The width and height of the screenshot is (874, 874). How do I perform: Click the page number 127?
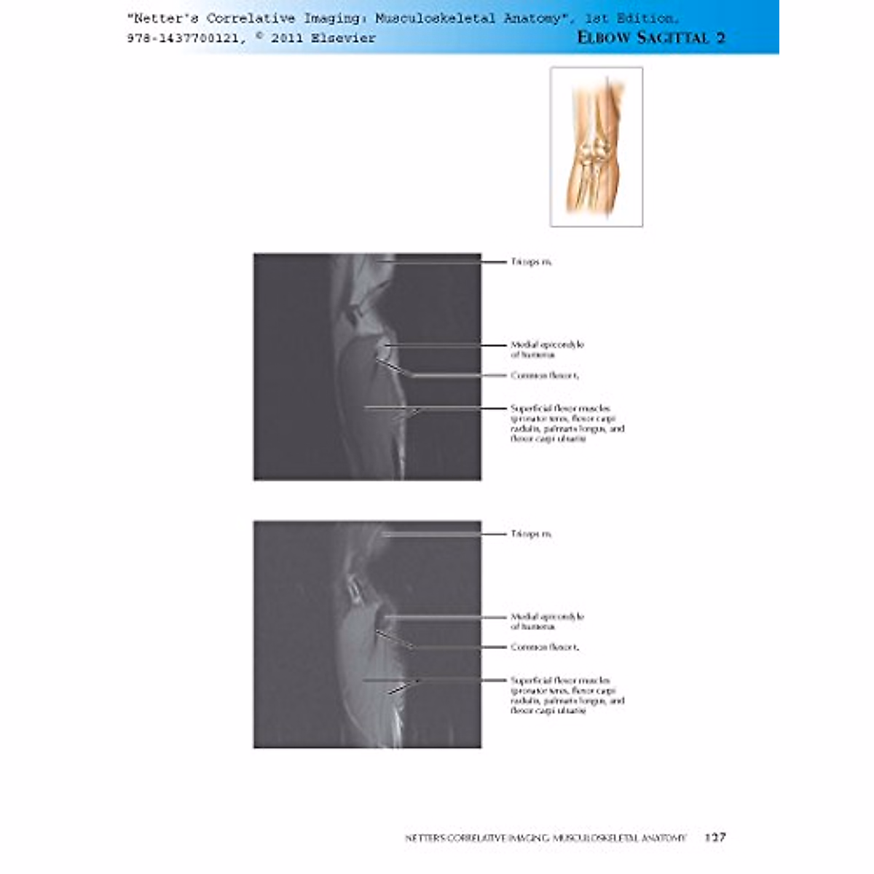coord(715,838)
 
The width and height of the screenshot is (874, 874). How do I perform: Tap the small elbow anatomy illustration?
coord(597,146)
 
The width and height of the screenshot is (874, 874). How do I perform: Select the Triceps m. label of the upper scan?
coord(531,261)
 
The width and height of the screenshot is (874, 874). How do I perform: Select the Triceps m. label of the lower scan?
coord(531,534)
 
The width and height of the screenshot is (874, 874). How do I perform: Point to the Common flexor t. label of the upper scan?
coord(545,375)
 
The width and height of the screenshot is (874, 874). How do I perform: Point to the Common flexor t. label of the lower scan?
coord(545,647)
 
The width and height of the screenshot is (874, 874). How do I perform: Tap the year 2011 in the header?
coord(287,39)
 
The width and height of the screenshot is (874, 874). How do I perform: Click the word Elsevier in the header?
coord(343,39)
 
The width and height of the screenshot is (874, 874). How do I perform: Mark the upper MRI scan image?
coord(367,366)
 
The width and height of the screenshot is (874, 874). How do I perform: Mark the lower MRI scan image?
coord(367,634)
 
